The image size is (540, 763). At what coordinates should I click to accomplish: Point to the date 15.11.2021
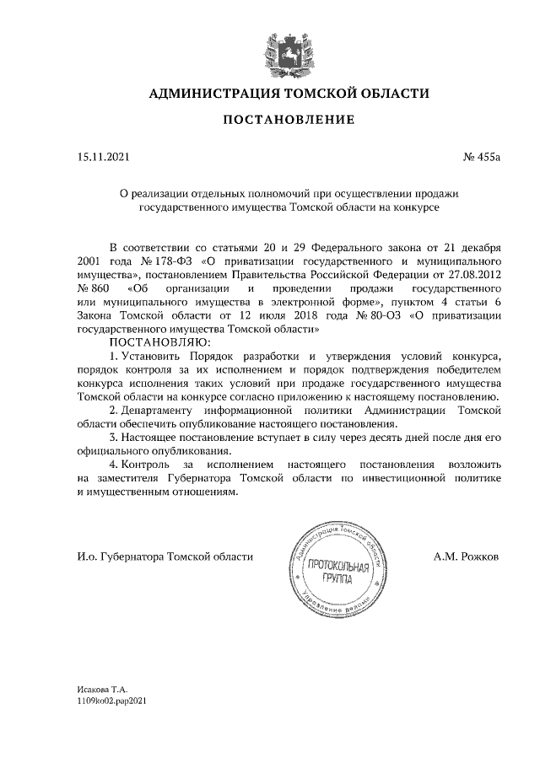point(100,157)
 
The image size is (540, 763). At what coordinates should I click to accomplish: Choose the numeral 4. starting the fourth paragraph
point(114,465)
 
